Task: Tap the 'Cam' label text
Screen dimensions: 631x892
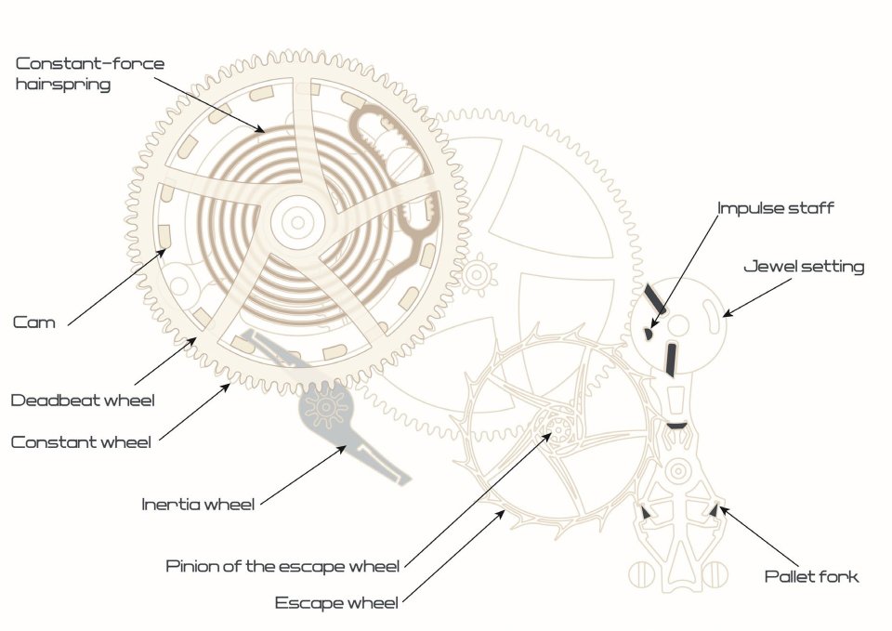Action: [34, 322]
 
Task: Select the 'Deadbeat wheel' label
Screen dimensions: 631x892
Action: [82, 401]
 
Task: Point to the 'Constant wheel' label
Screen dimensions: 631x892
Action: [81, 442]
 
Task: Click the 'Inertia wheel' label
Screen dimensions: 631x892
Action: [198, 505]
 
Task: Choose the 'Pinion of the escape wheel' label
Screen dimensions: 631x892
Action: [282, 566]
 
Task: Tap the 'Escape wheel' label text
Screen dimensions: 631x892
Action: [336, 603]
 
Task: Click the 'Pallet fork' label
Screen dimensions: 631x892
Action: [811, 576]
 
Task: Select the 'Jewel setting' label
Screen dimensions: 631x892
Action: [804, 267]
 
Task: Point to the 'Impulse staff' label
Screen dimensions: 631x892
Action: [775, 207]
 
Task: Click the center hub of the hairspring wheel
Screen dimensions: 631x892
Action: [296, 221]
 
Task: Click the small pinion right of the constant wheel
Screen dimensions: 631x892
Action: [478, 274]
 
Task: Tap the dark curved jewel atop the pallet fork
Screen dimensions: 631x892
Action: [676, 425]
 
